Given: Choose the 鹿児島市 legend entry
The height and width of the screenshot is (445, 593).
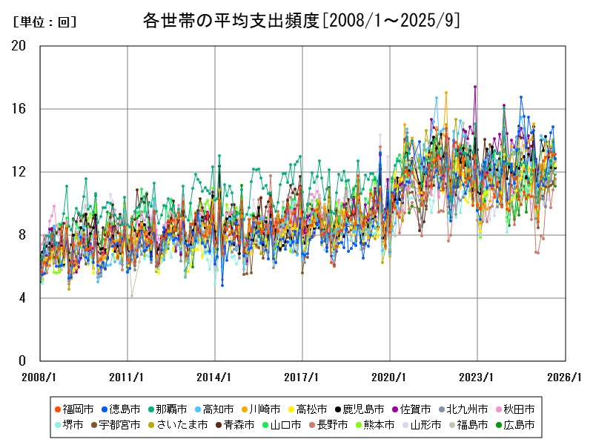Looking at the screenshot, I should [362, 409].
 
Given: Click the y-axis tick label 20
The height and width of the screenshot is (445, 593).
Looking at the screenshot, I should [19, 45].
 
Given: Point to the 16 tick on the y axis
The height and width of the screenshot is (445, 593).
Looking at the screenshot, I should [19, 109].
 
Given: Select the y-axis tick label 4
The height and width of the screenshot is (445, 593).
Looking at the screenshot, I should [22, 298].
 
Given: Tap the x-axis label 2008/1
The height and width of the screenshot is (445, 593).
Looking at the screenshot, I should [39, 377].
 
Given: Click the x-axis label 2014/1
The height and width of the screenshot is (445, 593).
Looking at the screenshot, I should [215, 377].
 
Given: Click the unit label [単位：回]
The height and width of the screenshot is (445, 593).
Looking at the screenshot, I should [45, 22].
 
